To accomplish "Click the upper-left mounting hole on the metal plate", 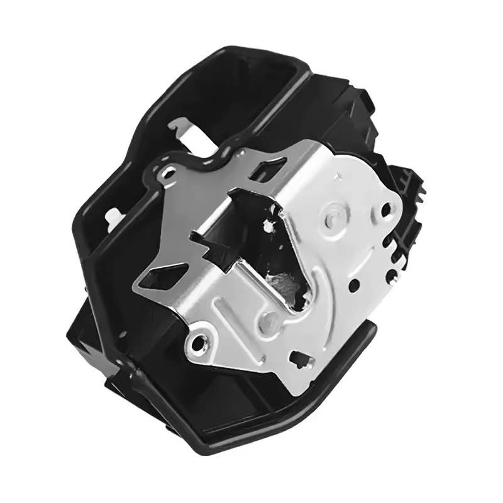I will [x=168, y=173].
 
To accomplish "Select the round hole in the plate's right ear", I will [x=384, y=210].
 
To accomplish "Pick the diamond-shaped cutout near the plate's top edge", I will [x=270, y=170].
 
